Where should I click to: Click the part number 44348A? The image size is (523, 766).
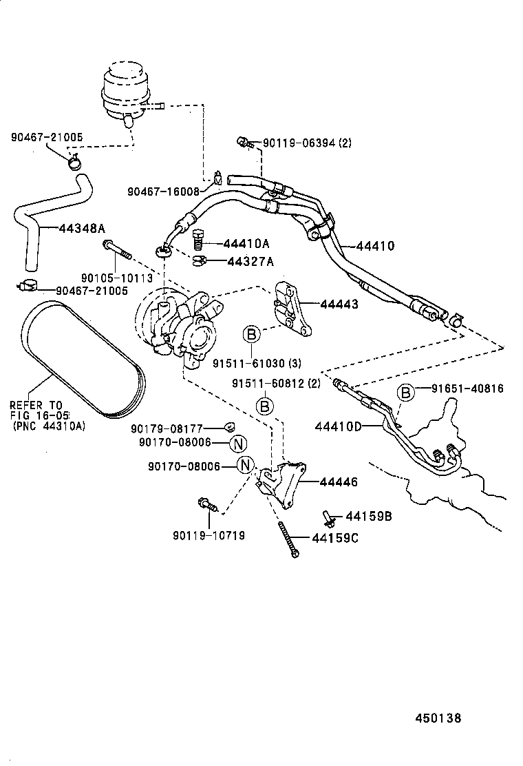[x=82, y=228]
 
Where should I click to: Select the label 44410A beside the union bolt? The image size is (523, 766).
[x=246, y=243]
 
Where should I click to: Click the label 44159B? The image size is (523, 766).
[x=368, y=517]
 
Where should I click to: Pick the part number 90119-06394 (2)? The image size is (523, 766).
[x=308, y=143]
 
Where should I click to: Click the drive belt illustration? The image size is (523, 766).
[x=79, y=362]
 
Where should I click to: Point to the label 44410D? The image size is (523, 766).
[x=338, y=426]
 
